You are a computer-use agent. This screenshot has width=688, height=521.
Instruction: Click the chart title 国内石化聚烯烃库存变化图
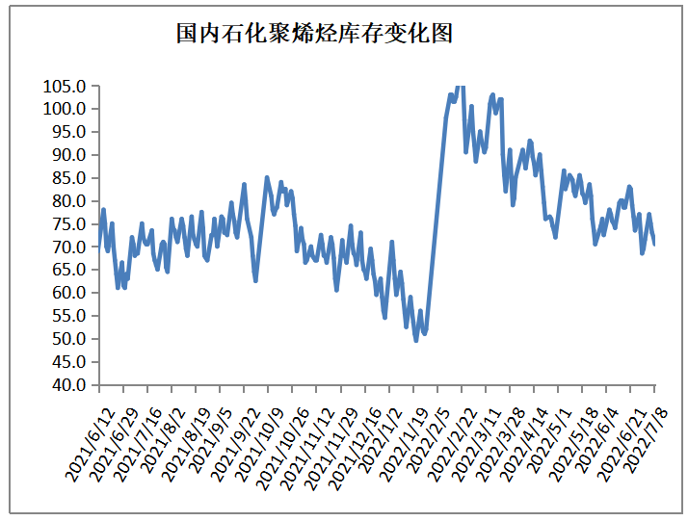pyautogui.click(x=314, y=35)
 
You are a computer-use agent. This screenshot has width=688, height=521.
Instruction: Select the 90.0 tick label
pyautogui.click(x=67, y=155)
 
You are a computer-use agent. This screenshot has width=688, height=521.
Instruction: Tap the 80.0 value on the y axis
pyautogui.click(x=67, y=201)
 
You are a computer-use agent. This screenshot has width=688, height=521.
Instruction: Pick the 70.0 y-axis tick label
pyautogui.click(x=67, y=247)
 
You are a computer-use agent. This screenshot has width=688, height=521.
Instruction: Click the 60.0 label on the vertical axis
pyautogui.click(x=67, y=293)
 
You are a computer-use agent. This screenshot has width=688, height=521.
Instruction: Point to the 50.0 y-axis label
pyautogui.click(x=67, y=339)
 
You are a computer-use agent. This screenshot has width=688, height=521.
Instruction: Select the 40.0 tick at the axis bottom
pyautogui.click(x=67, y=385)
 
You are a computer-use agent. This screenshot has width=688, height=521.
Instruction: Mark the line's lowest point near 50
pyautogui.click(x=416, y=340)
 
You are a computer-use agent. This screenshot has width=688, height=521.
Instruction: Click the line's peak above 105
pyautogui.click(x=460, y=86)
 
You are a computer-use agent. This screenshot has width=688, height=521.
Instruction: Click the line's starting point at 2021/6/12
pyautogui.click(x=99, y=247)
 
